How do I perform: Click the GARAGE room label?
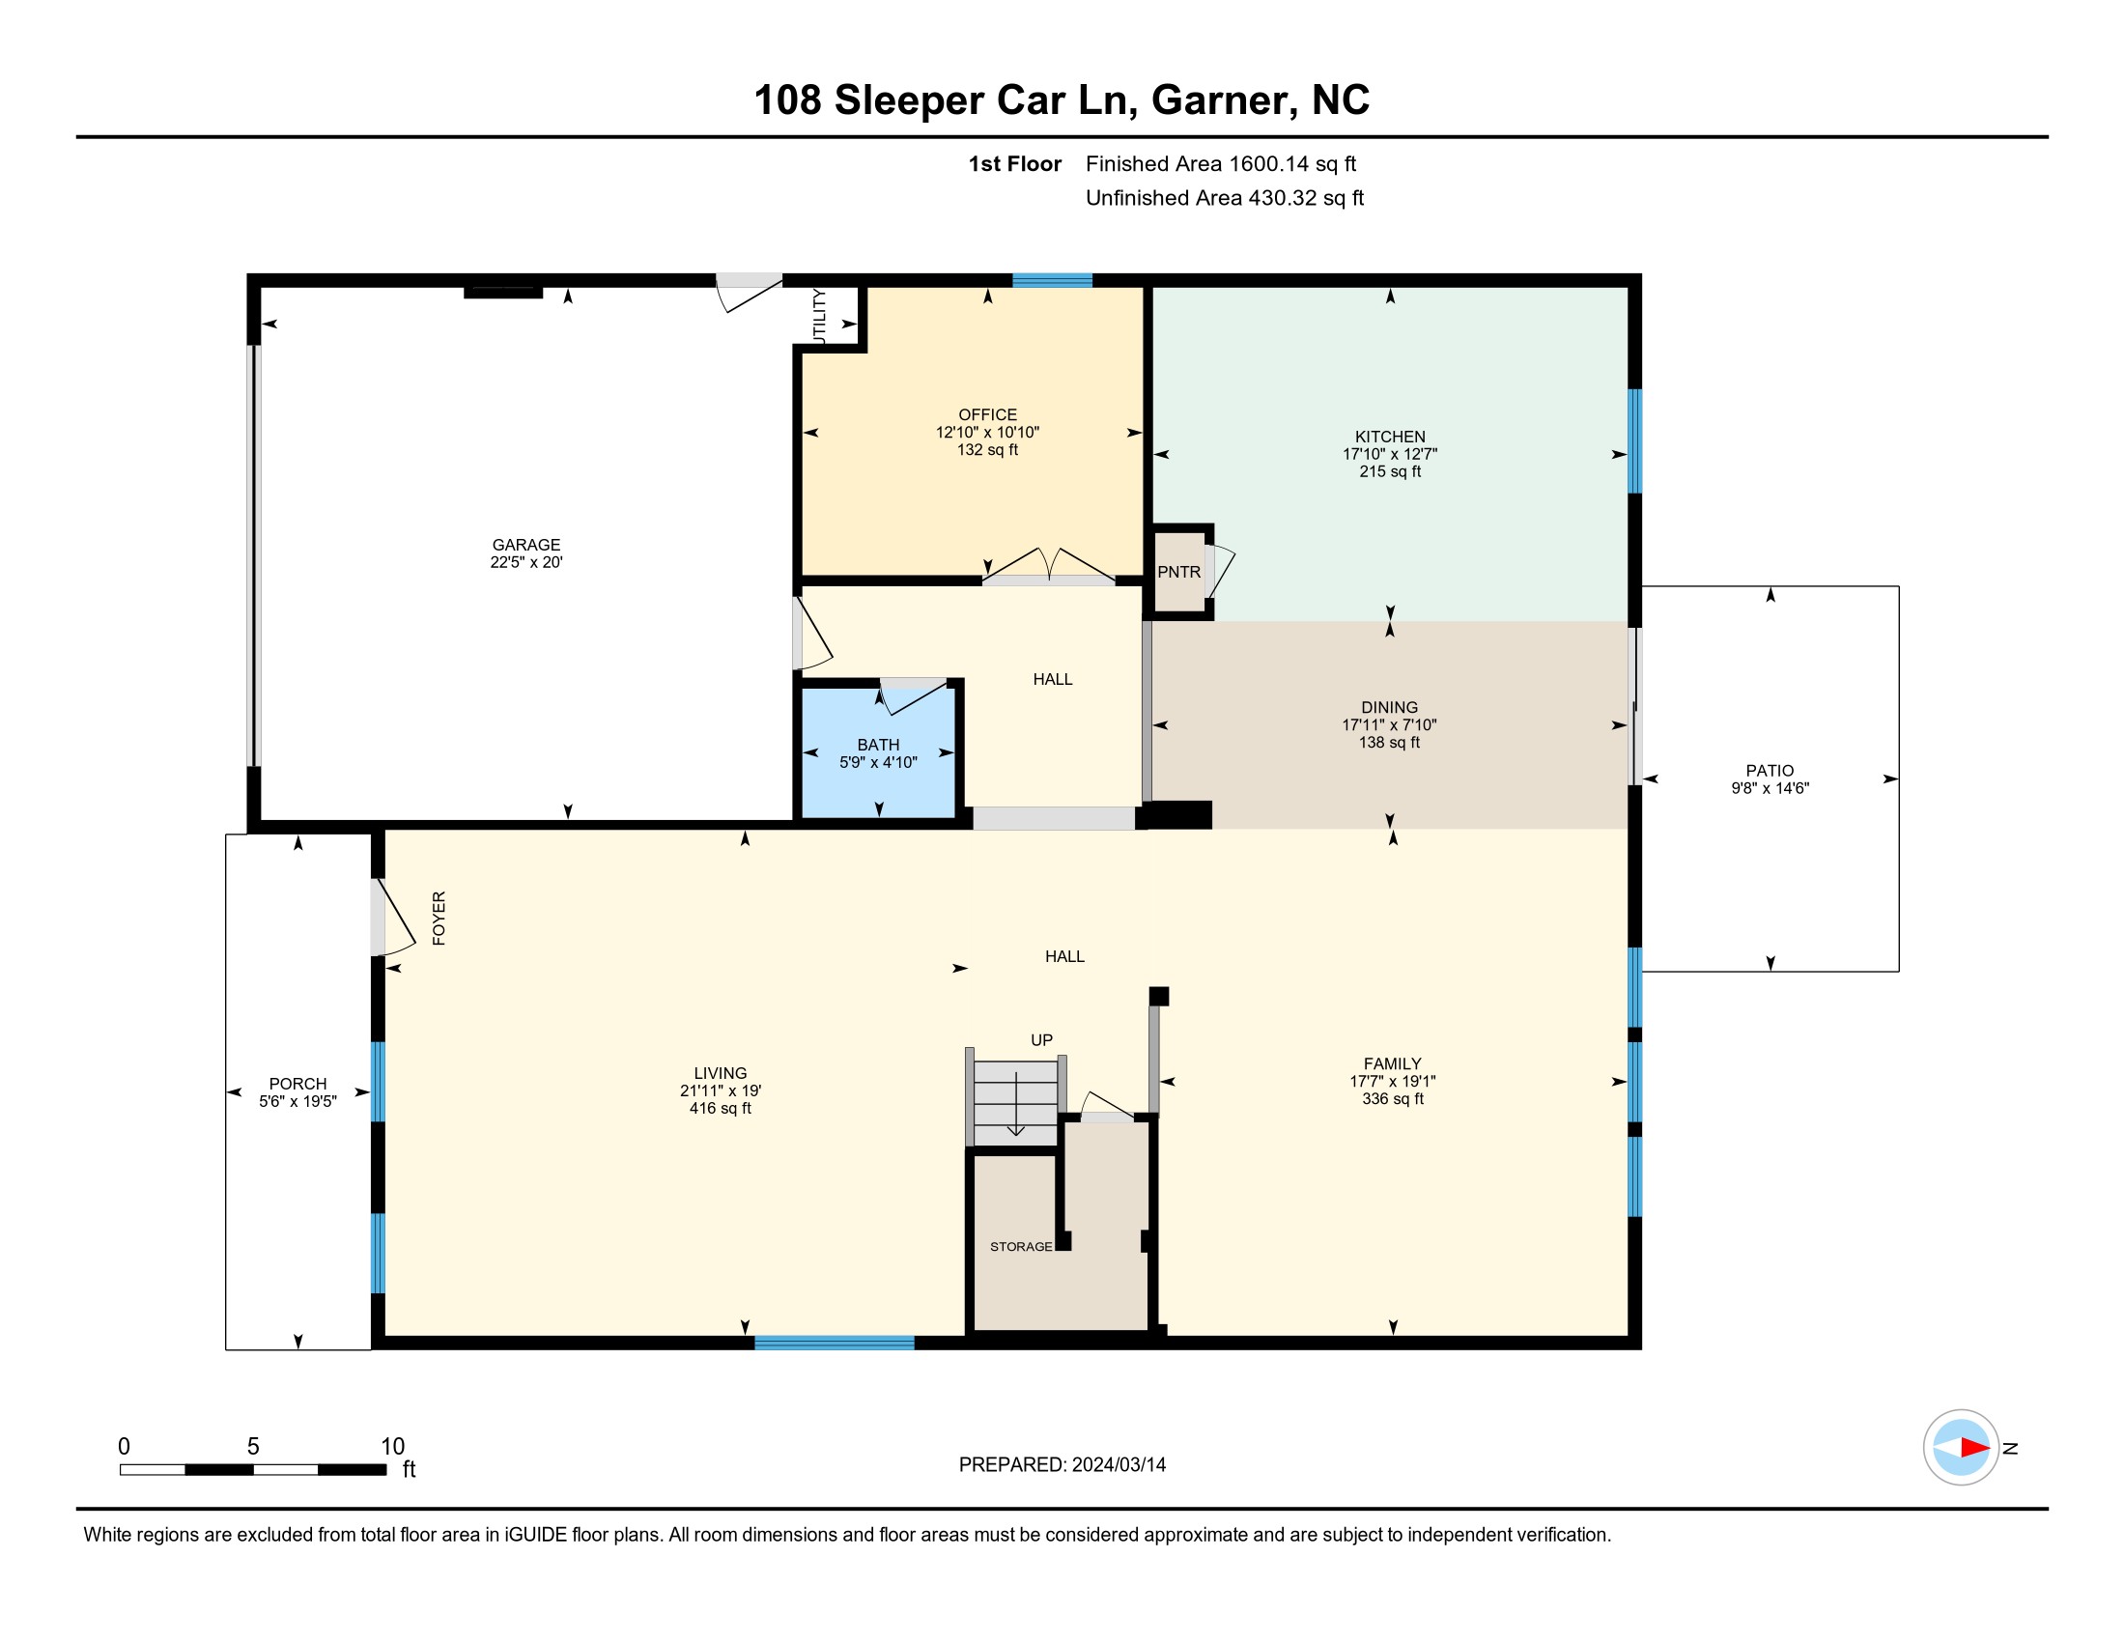pyautogui.click(x=526, y=545)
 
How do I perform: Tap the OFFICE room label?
pyautogui.click(x=987, y=414)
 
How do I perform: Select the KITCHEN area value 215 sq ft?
pyautogui.click(x=1390, y=471)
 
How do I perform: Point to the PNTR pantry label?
pyautogui.click(x=1179, y=572)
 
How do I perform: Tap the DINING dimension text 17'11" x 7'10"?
pyautogui.click(x=1389, y=724)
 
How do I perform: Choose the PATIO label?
pyautogui.click(x=1770, y=771)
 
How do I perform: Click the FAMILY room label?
pyautogui.click(x=1392, y=1064)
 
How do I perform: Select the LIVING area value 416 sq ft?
pyautogui.click(x=720, y=1108)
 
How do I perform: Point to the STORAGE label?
pyautogui.click(x=1021, y=1246)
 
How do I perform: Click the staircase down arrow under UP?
pyautogui.click(x=1016, y=1103)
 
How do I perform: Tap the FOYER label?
pyautogui.click(x=439, y=919)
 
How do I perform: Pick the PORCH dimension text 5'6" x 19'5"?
pyautogui.click(x=297, y=1101)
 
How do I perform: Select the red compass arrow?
pyautogui.click(x=1974, y=1448)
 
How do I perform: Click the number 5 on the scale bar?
pyautogui.click(x=253, y=1447)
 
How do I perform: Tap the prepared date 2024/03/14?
pyautogui.click(x=1119, y=1465)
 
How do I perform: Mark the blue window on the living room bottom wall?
pyautogui.click(x=835, y=1344)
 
